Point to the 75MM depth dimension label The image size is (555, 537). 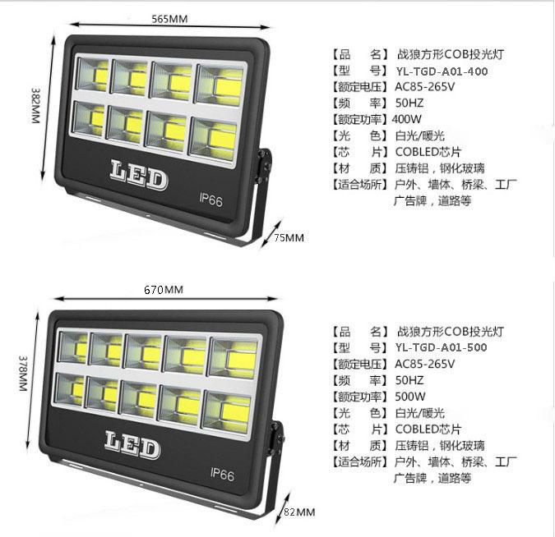[289, 238]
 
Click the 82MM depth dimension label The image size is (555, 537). [299, 512]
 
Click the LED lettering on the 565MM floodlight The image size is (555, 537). [138, 174]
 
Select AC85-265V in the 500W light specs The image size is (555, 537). [424, 364]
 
